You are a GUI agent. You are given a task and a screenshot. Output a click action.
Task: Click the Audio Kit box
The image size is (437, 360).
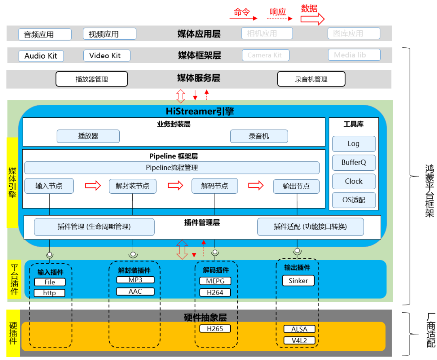tap(41, 56)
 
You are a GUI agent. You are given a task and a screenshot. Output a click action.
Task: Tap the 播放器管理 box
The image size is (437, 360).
tap(91, 79)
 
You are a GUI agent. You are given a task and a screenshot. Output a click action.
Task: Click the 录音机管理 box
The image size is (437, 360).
tap(311, 79)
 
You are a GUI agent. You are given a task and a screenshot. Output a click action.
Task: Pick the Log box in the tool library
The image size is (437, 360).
tap(354, 144)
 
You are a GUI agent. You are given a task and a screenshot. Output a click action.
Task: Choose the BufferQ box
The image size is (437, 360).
tap(354, 162)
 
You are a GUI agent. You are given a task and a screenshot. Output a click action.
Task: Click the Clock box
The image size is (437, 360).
tap(354, 181)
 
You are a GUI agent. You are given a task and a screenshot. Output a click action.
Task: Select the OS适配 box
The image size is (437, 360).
tap(354, 200)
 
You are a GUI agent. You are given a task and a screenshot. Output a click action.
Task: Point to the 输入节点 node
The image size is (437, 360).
tap(49, 186)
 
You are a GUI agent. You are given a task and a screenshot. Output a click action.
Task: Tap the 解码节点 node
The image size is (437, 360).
tap(214, 186)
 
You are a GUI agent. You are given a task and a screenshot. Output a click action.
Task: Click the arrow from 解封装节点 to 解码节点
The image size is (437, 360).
tap(175, 185)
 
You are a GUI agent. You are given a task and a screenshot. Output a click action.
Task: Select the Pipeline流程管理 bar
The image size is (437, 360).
tap(172, 167)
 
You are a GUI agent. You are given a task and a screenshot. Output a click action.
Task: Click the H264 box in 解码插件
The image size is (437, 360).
tap(215, 292)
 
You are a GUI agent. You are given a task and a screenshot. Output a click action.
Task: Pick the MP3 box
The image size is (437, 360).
tap(135, 280)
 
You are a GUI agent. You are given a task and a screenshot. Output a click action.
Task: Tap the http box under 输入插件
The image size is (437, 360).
tap(49, 292)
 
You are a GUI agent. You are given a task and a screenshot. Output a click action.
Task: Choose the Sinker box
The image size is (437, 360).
tap(298, 280)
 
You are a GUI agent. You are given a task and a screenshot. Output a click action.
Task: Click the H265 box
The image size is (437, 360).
tap(215, 328)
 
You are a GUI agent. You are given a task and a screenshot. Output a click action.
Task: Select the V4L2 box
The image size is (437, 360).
tap(299, 340)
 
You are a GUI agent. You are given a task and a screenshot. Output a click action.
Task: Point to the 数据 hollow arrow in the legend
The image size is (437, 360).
tap(312, 18)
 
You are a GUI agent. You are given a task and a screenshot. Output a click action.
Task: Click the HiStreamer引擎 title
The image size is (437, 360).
tap(200, 111)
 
